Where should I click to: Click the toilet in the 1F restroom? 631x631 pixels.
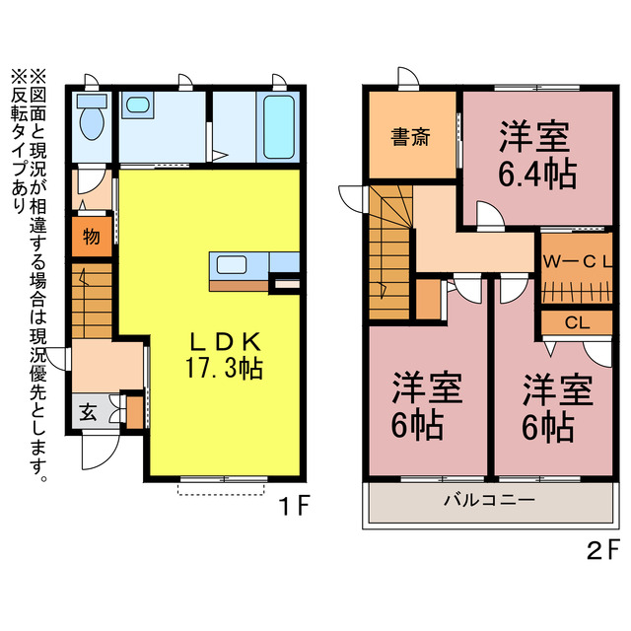click(91, 122)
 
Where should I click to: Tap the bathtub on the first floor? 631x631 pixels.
click(279, 128)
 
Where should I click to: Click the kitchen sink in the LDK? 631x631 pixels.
click(232, 264)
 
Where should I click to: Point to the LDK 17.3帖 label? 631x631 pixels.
click(224, 355)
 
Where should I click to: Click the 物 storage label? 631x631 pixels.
click(90, 238)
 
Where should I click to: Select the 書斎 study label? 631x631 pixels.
click(409, 137)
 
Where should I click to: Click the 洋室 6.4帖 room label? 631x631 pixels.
click(536, 154)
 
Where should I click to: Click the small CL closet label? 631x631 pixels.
click(577, 322)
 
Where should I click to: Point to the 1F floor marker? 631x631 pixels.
click(293, 508)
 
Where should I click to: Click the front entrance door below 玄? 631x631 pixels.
click(96, 454)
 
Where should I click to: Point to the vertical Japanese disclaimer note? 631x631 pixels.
click(29, 266)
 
